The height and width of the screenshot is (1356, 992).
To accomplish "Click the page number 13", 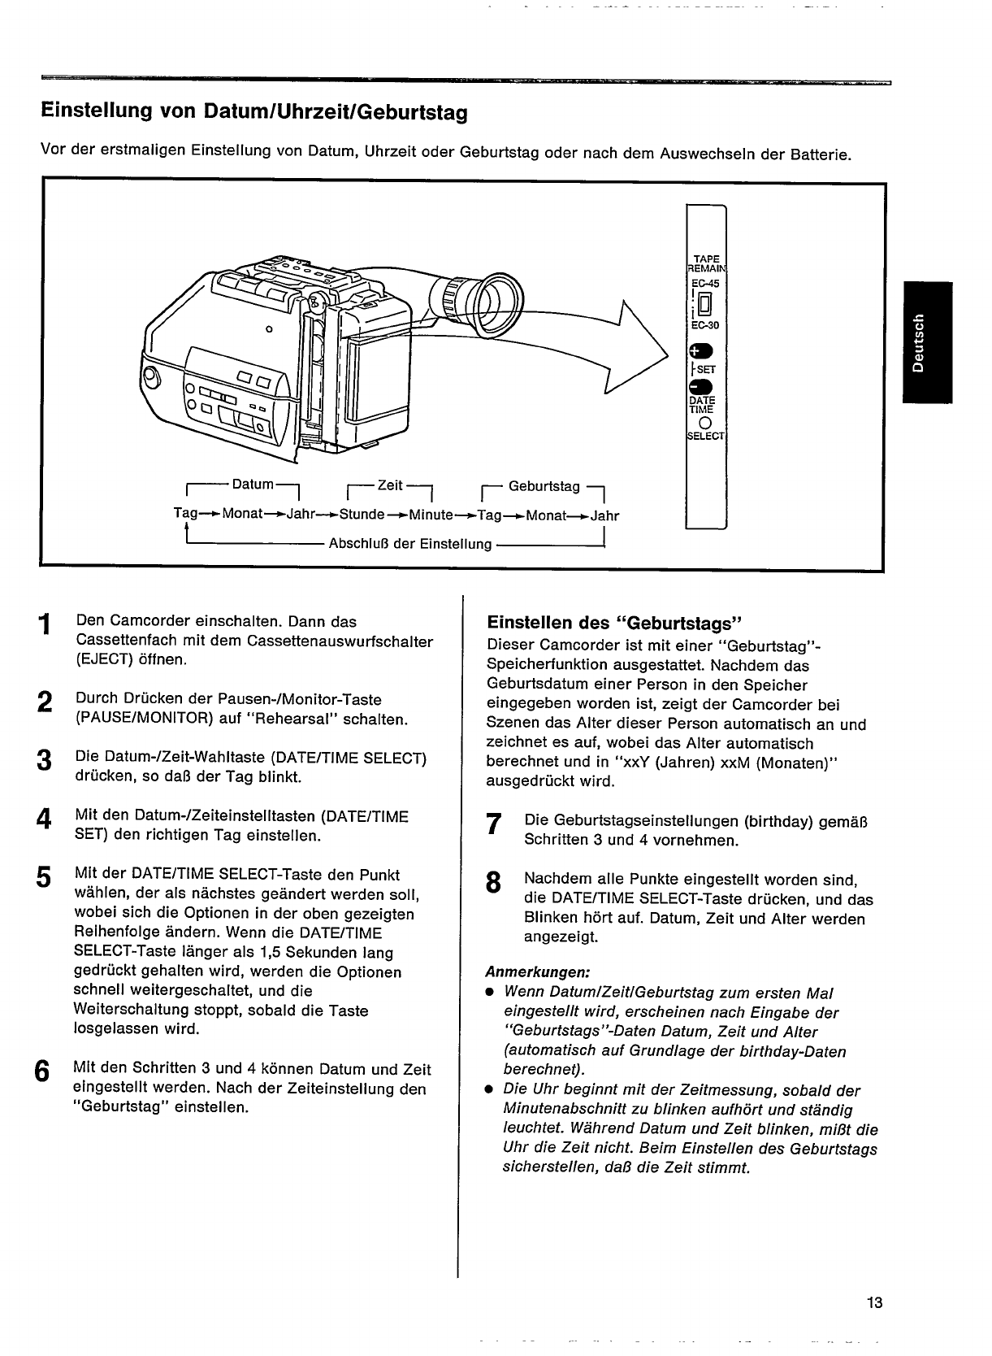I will click(x=874, y=1303).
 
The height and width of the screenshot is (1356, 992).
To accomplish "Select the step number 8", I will click(x=492, y=883).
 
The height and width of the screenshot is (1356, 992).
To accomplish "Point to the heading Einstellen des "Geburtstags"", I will click(x=614, y=624).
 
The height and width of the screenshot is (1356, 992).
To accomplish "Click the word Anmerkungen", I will click(x=537, y=972).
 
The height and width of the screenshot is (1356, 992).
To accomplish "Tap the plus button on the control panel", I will click(x=700, y=351).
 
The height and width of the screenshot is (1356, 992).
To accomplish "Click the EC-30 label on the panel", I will click(x=704, y=325).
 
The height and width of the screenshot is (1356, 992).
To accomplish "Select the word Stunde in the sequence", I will click(x=362, y=515).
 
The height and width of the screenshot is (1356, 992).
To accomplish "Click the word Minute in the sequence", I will click(x=431, y=515).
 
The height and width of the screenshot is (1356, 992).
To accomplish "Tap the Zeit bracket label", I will click(x=389, y=485).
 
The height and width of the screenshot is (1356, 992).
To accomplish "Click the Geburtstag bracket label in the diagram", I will click(x=544, y=486).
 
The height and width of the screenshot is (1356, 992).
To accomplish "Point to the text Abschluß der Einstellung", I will click(x=409, y=543).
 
